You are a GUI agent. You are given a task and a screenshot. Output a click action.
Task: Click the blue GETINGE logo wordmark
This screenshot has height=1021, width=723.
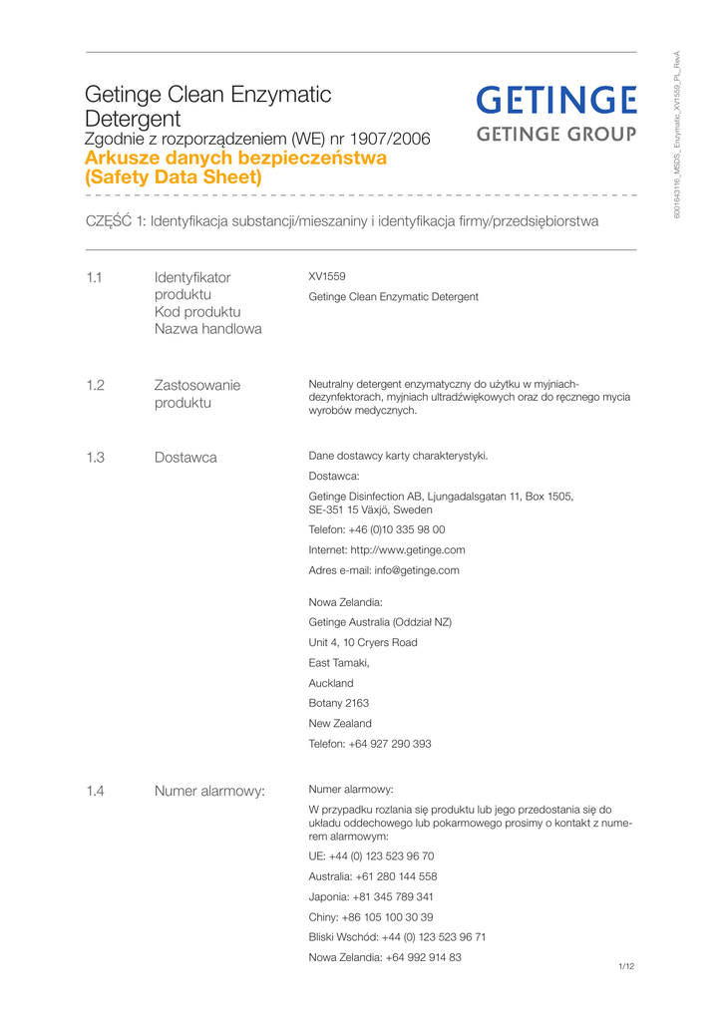coord(555,101)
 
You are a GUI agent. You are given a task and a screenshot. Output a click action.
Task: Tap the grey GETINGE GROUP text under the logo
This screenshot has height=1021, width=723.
coord(555,135)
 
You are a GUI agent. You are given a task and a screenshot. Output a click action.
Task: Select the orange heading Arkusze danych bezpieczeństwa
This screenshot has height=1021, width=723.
coord(235,158)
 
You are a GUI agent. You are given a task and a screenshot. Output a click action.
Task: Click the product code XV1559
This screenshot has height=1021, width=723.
coord(327,276)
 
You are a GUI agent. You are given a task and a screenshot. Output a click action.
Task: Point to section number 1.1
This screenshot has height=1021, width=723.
coord(95,277)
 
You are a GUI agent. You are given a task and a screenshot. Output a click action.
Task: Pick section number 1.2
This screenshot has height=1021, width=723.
coord(95,385)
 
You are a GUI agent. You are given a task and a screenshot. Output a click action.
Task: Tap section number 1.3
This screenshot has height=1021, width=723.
coord(95,458)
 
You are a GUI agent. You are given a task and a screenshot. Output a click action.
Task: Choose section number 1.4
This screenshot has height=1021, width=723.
coord(95,792)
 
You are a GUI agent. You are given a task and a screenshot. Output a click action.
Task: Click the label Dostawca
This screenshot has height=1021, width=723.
coord(185,458)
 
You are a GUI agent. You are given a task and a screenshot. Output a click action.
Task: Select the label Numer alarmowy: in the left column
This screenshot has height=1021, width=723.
coord(209,792)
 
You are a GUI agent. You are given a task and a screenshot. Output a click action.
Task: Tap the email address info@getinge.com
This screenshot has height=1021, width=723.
coord(417,570)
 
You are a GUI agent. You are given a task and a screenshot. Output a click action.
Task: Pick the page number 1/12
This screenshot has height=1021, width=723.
coord(626,966)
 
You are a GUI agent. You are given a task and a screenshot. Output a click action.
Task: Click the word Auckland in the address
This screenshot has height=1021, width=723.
coord(331,683)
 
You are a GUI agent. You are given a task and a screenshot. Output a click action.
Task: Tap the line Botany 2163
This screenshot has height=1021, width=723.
coord(339,703)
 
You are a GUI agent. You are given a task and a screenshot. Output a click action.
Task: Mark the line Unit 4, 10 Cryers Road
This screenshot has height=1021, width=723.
coord(363,642)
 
